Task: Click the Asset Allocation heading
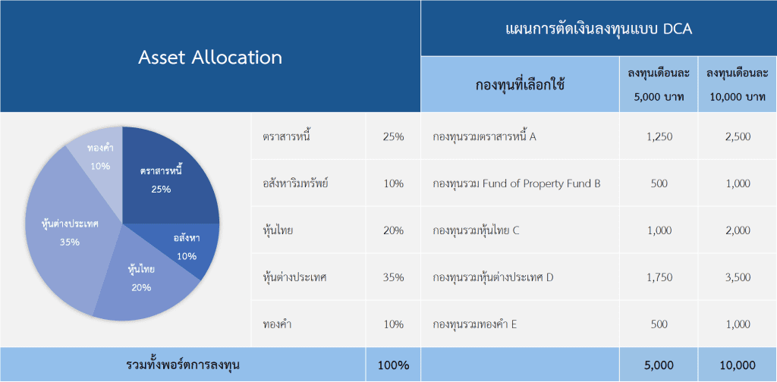click(x=210, y=58)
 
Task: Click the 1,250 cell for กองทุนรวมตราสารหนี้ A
click(x=659, y=136)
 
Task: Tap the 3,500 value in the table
click(x=738, y=277)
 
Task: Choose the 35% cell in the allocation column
click(x=394, y=277)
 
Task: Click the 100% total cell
click(x=394, y=365)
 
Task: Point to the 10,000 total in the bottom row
click(x=738, y=365)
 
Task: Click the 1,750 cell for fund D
click(x=659, y=277)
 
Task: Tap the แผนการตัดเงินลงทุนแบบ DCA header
click(x=599, y=29)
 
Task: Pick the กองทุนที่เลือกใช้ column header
click(x=520, y=85)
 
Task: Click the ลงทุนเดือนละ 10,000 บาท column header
click(x=738, y=85)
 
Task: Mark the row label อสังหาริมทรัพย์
click(x=296, y=184)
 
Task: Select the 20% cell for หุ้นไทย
click(x=394, y=230)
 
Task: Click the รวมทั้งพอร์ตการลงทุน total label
click(x=184, y=365)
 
